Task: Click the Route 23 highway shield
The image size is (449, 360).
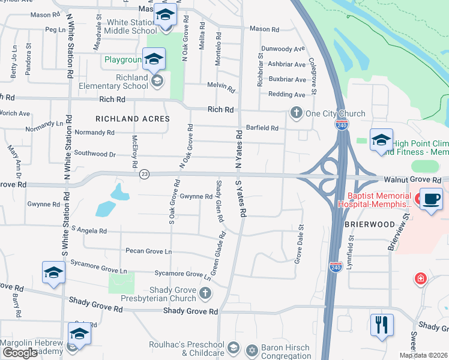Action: [144, 174]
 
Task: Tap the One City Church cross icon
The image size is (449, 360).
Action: [296, 113]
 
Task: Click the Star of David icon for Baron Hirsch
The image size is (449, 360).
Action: [253, 349]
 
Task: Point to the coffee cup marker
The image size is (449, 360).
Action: [430, 199]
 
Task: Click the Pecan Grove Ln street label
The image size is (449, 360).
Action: [148, 251]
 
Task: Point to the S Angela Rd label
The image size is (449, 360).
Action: [88, 230]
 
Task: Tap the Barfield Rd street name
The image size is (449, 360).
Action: [262, 128]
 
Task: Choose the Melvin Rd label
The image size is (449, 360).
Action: [221, 88]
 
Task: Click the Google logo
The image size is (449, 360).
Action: [20, 353]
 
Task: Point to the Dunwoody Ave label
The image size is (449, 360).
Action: [282, 49]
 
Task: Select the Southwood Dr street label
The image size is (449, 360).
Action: [95, 154]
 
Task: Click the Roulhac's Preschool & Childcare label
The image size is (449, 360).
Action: [186, 349]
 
